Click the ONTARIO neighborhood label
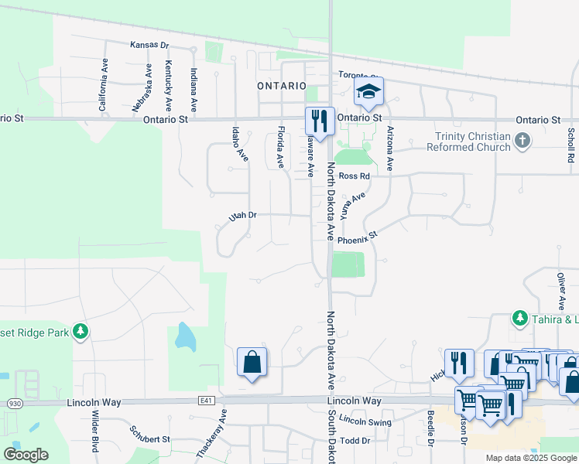click(x=283, y=86)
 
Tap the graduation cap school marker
click(x=369, y=91)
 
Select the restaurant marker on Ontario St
click(x=320, y=121)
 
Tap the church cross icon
click(x=523, y=141)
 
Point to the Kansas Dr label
click(x=149, y=45)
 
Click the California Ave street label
click(x=102, y=87)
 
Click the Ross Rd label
click(x=355, y=176)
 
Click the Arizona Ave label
click(x=390, y=148)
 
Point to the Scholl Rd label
click(x=570, y=145)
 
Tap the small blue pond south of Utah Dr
click(x=185, y=336)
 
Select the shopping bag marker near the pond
click(x=252, y=361)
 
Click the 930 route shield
click(x=14, y=403)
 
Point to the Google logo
click(x=26, y=455)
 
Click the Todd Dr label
click(x=355, y=440)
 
